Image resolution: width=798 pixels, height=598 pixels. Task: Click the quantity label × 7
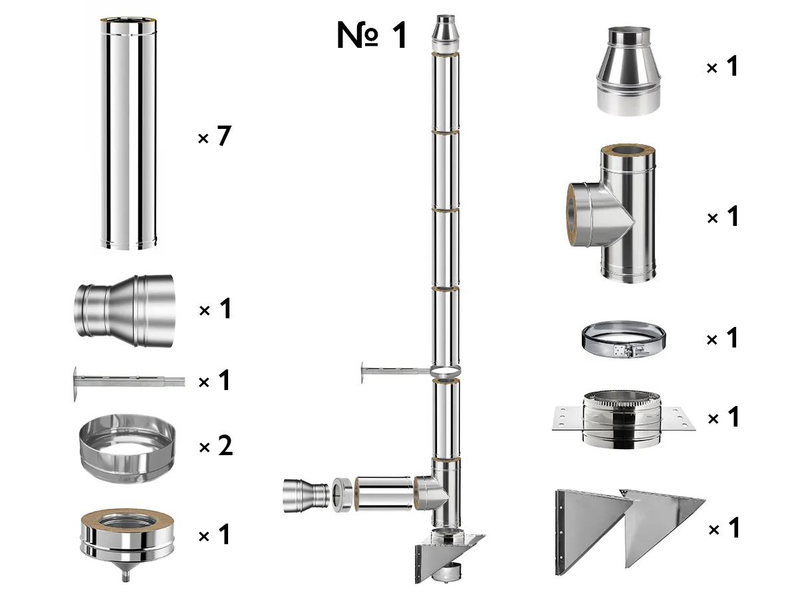(x=214, y=138)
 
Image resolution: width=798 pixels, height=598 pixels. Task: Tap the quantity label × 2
(x=215, y=446)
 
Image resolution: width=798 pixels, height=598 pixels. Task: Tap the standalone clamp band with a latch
(x=623, y=339)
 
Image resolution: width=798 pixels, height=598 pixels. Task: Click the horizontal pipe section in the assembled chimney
(x=384, y=493)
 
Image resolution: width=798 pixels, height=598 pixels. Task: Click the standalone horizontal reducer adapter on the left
(x=126, y=310)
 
